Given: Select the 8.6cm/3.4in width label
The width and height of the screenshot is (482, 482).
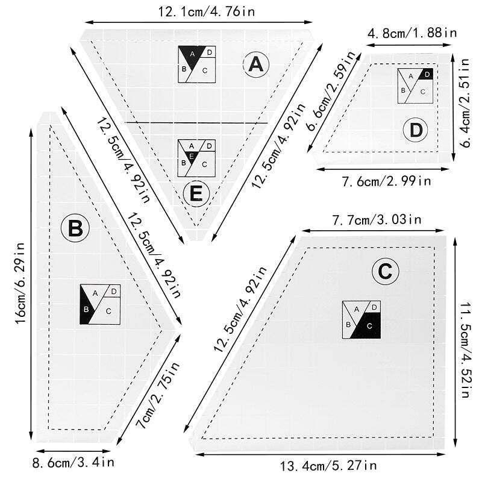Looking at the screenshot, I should pos(73,463).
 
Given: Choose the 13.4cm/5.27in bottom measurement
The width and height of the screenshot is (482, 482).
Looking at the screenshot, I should pos(328,465).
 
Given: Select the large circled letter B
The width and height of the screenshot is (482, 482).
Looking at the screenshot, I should pos(75,229).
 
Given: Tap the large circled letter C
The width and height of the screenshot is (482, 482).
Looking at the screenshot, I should pos(386,272).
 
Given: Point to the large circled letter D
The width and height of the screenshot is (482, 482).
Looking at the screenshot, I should pos(416,130).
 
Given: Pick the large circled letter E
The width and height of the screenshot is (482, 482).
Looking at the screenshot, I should pos(196,194).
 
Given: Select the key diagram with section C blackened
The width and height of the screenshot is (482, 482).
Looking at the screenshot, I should pos(361,320).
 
